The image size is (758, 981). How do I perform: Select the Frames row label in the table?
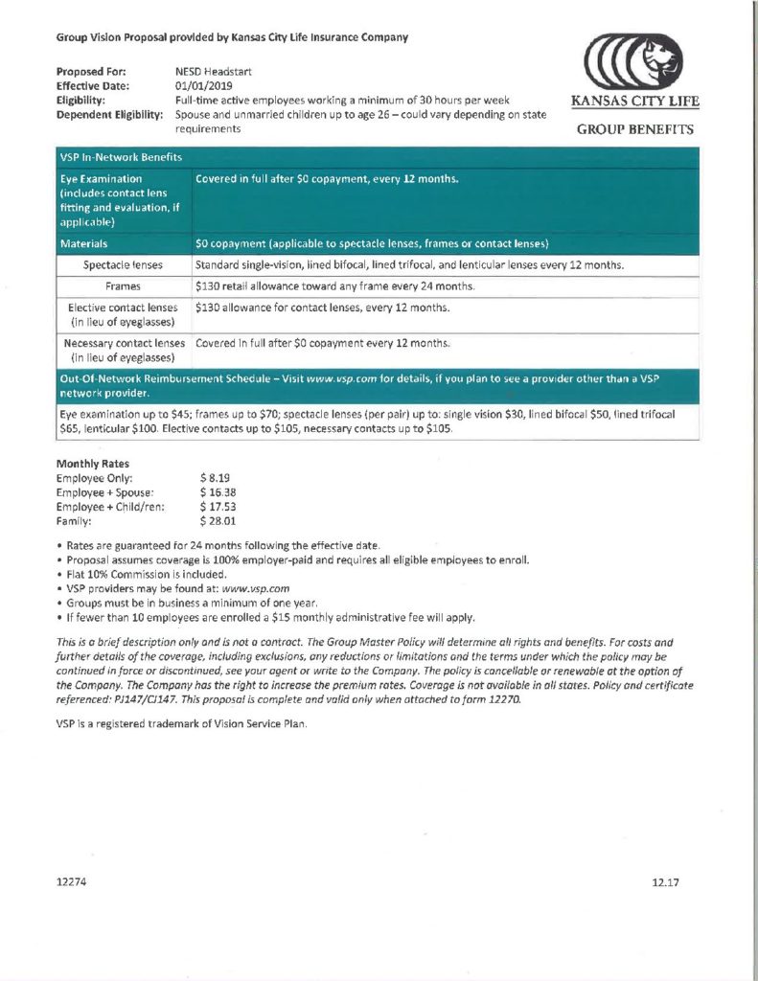[123, 286]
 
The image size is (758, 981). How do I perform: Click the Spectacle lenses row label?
[123, 264]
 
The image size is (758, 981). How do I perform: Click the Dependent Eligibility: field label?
[108, 114]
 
